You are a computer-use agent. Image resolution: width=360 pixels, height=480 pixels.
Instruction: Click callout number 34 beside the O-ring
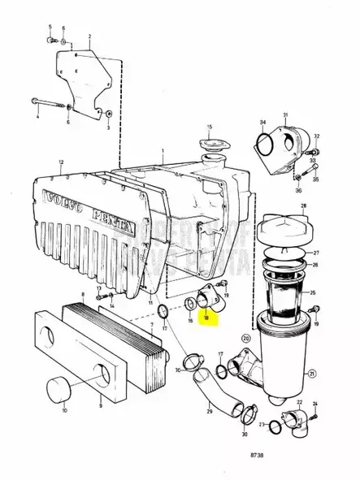click(262, 123)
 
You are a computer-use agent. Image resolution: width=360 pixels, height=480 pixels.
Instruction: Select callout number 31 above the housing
click(285, 116)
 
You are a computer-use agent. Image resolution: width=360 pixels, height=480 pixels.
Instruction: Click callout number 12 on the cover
click(60, 162)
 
